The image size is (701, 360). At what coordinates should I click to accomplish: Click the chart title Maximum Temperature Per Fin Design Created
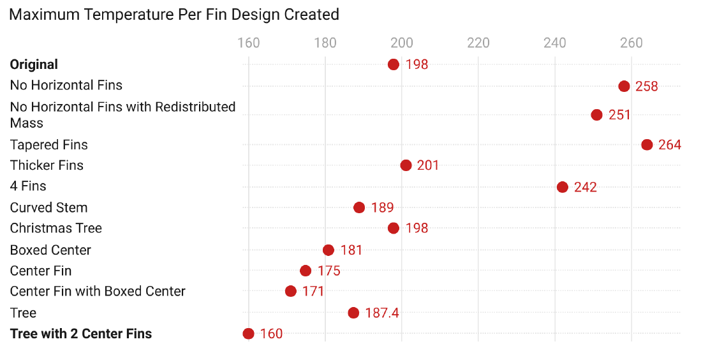[174, 15]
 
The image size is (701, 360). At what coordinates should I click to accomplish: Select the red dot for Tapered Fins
[647, 145]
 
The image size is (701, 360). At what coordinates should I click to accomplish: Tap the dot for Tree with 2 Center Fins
[249, 334]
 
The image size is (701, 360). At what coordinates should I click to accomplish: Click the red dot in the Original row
[394, 64]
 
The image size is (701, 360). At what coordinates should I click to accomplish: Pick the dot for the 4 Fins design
[563, 187]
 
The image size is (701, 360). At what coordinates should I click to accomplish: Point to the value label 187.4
[382, 313]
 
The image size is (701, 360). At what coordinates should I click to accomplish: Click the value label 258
[646, 86]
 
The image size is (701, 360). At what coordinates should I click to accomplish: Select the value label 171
[313, 292]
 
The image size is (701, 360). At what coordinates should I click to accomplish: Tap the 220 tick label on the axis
[478, 43]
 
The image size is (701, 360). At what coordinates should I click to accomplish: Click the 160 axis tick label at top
[249, 43]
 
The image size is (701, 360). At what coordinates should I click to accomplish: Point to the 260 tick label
[631, 43]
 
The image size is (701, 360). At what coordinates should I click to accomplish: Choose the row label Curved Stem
[48, 207]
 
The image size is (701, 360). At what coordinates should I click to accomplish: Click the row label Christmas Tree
[55, 228]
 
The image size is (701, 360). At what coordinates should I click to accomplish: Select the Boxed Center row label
[50, 250]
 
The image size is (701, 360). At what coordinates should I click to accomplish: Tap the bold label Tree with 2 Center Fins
[81, 333]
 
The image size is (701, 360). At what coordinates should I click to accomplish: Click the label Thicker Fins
[47, 165]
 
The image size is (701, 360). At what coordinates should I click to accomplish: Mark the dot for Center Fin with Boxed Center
[291, 291]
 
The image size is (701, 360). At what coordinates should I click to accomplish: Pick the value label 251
[619, 115]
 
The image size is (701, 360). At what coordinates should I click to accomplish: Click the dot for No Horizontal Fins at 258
[624, 86]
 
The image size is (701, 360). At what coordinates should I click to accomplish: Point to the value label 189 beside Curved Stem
[382, 207]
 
